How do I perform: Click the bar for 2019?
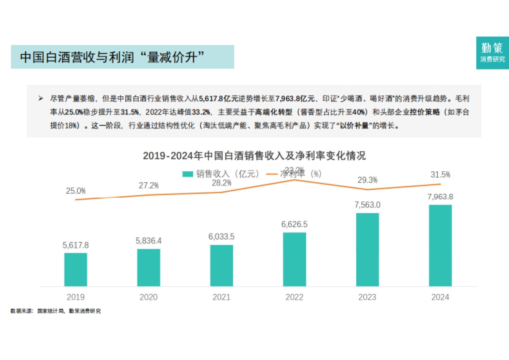[x=76, y=270]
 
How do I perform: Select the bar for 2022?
[x=294, y=259]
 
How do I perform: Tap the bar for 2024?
[x=440, y=246]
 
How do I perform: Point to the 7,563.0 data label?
[x=367, y=205]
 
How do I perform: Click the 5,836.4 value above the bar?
[x=148, y=240]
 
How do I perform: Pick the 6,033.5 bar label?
[x=221, y=237]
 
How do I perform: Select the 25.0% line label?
[x=76, y=191]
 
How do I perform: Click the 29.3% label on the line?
[x=367, y=180]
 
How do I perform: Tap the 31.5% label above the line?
[x=440, y=175]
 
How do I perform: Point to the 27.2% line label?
[x=148, y=185]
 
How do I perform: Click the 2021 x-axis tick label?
[x=221, y=297]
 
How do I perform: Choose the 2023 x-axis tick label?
[x=367, y=297]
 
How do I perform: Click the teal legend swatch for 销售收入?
[x=187, y=174]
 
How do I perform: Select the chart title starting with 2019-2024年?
[x=254, y=156]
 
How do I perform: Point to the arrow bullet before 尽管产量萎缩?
[x=41, y=98]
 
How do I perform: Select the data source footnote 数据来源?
[x=56, y=311]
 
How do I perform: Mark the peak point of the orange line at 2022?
[x=294, y=180]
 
